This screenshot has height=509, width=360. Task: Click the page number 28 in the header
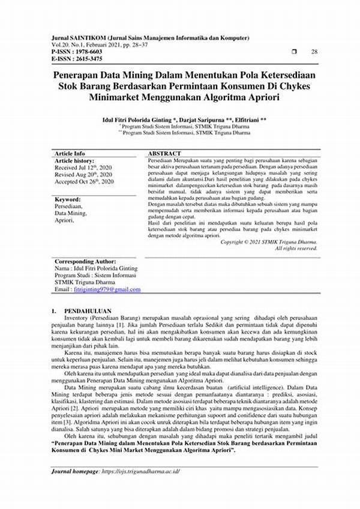point(314,52)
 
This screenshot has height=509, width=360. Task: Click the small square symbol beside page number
point(294,52)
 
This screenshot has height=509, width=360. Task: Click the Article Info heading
point(70,154)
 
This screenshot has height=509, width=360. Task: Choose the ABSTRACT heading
point(164,154)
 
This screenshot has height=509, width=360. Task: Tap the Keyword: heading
point(68,199)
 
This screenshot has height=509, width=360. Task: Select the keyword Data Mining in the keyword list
point(70,212)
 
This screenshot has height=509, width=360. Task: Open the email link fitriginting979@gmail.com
point(107,289)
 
